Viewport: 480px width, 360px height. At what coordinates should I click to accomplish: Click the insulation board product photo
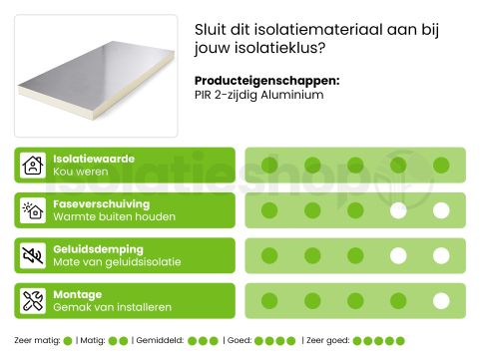click(x=96, y=76)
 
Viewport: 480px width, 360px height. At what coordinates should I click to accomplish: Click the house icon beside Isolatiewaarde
click(x=33, y=166)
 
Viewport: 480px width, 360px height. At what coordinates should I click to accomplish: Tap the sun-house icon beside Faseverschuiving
click(x=33, y=210)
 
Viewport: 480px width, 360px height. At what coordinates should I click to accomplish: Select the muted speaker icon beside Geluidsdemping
click(x=33, y=256)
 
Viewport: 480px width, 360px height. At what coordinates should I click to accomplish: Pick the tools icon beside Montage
click(x=33, y=301)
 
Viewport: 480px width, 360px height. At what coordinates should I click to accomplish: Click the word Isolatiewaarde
click(x=94, y=159)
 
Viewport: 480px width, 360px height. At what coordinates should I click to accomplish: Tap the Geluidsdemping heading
click(x=98, y=249)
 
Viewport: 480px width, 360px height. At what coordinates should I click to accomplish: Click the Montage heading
click(x=77, y=295)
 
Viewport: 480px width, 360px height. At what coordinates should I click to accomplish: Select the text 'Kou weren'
click(x=80, y=172)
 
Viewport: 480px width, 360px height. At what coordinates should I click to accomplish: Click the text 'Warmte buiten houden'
click(x=114, y=216)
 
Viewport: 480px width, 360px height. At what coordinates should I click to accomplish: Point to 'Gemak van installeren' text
click(x=112, y=308)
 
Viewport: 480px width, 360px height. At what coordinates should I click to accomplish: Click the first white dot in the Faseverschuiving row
click(x=398, y=210)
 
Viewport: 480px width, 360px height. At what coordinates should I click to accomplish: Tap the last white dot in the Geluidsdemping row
click(x=441, y=256)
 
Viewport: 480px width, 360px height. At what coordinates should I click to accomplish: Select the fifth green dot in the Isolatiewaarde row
click(x=441, y=166)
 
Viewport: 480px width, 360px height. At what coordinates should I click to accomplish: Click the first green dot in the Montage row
click(x=268, y=301)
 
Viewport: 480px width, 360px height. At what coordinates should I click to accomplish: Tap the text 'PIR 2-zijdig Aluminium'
click(x=259, y=95)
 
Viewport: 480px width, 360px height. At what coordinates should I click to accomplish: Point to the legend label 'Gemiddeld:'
click(x=159, y=341)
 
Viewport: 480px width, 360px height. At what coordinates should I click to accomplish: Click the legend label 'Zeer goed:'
click(x=328, y=341)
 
